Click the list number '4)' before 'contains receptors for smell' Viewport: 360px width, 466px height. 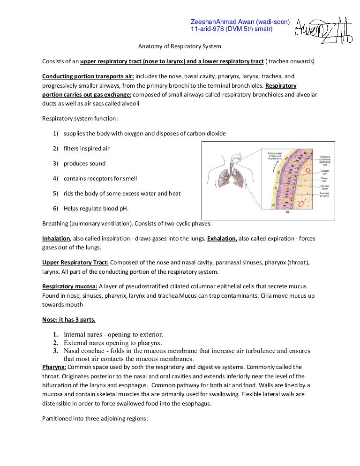click(55, 179)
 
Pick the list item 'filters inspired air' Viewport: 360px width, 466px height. click(87, 149)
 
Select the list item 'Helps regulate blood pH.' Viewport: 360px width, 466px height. click(96, 209)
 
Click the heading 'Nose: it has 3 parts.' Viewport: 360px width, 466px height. click(69, 320)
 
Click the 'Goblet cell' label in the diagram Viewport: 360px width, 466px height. click(324, 173)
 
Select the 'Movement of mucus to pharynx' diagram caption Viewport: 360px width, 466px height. click(277, 156)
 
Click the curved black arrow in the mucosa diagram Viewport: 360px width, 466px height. click(290, 162)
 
